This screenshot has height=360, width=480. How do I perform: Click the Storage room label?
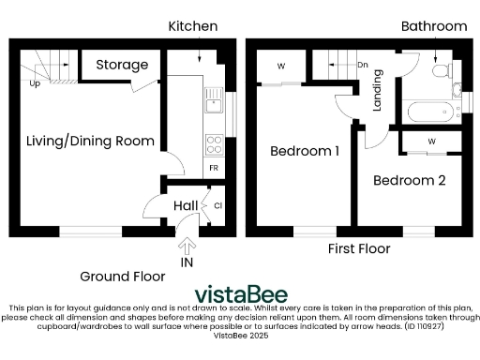click(121, 66)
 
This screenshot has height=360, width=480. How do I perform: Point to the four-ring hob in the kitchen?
click(213, 144)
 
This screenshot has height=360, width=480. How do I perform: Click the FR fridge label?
click(214, 168)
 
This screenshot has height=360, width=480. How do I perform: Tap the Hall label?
click(184, 205)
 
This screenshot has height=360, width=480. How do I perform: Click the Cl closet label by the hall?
click(217, 205)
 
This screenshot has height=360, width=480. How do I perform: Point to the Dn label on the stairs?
click(363, 66)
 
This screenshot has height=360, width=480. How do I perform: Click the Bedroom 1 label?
click(305, 151)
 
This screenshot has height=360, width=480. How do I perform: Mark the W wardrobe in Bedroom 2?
click(431, 142)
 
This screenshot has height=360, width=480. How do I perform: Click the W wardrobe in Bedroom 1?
click(281, 66)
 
